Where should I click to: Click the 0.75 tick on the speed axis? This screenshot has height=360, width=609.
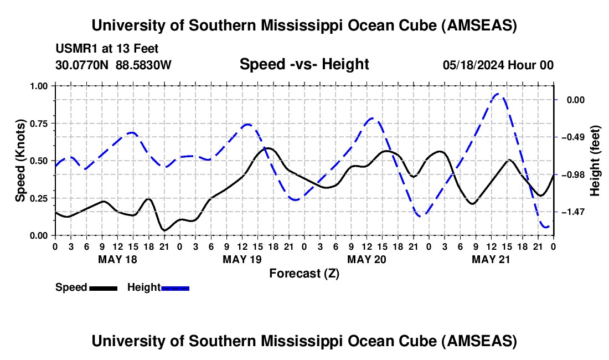[39, 123]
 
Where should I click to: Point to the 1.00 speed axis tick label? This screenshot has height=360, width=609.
[39, 86]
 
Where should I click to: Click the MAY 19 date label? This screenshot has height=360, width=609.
[242, 259]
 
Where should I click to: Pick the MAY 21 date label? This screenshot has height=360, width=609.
[491, 259]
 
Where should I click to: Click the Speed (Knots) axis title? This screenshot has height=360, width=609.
[20, 161]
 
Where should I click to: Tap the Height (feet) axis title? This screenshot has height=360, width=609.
[596, 161]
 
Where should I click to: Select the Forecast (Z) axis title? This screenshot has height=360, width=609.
[304, 273]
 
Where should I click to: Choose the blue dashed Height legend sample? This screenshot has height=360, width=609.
[176, 288]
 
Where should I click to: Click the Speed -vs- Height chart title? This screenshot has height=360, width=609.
[304, 64]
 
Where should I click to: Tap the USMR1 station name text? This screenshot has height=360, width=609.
[74, 49]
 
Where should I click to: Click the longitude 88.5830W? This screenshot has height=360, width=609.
[144, 65]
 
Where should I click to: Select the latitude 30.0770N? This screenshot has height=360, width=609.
[83, 65]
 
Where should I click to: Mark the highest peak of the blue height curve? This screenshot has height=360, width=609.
[497, 94]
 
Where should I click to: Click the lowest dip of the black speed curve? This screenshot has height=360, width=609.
[164, 230]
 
